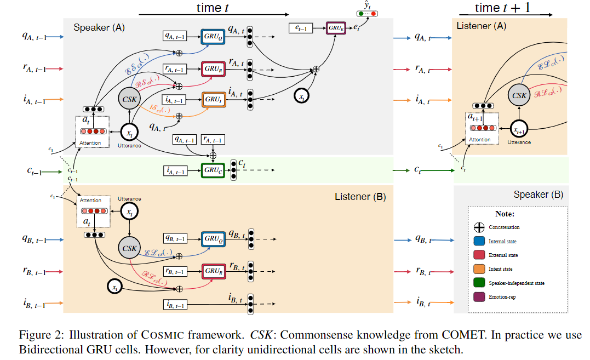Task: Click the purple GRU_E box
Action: pyautogui.click(x=335, y=27)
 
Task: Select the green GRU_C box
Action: pyautogui.click(x=214, y=170)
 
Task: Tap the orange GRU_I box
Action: pyautogui.click(x=214, y=100)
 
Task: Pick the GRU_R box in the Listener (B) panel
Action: pyautogui.click(x=214, y=271)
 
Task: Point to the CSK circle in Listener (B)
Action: pyautogui.click(x=129, y=248)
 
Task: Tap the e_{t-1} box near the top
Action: pyautogui.click(x=300, y=27)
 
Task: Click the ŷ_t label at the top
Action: pyautogui.click(x=368, y=5)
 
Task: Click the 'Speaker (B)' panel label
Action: pyautogui.click(x=538, y=195)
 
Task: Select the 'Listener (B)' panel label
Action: pyautogui.click(x=360, y=196)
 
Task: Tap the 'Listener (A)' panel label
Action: pyautogui.click(x=481, y=25)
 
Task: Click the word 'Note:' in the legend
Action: pyautogui.click(x=505, y=214)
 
